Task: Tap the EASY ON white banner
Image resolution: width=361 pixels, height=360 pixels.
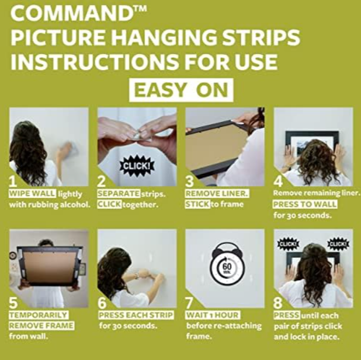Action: (x=181, y=90)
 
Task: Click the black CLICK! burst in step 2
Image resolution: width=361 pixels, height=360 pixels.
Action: (x=137, y=166)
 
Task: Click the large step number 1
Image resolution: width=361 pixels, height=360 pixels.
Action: (x=13, y=181)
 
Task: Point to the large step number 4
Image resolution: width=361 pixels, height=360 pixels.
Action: (x=278, y=181)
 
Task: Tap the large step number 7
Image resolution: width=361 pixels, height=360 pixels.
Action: (x=189, y=303)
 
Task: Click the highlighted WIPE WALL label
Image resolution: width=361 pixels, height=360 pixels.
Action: (x=32, y=194)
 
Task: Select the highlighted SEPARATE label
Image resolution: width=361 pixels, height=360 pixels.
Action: (x=119, y=194)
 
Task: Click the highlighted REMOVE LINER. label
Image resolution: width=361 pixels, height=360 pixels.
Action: (x=217, y=194)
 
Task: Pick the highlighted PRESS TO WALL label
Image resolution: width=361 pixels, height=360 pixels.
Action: (x=305, y=204)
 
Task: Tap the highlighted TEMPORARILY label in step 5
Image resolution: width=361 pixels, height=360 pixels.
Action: (x=39, y=315)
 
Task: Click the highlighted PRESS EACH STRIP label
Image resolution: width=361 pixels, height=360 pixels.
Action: (x=136, y=315)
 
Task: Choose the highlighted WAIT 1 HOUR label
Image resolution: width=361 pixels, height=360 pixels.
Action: (x=213, y=315)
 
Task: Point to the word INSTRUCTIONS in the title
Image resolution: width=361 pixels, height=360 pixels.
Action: (x=95, y=62)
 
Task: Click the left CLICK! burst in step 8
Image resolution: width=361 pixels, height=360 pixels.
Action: (x=288, y=244)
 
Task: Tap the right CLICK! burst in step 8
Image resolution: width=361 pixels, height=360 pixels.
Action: (x=338, y=244)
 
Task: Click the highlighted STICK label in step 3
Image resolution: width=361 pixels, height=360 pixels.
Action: (x=197, y=204)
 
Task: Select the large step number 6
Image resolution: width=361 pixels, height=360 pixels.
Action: (x=102, y=303)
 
